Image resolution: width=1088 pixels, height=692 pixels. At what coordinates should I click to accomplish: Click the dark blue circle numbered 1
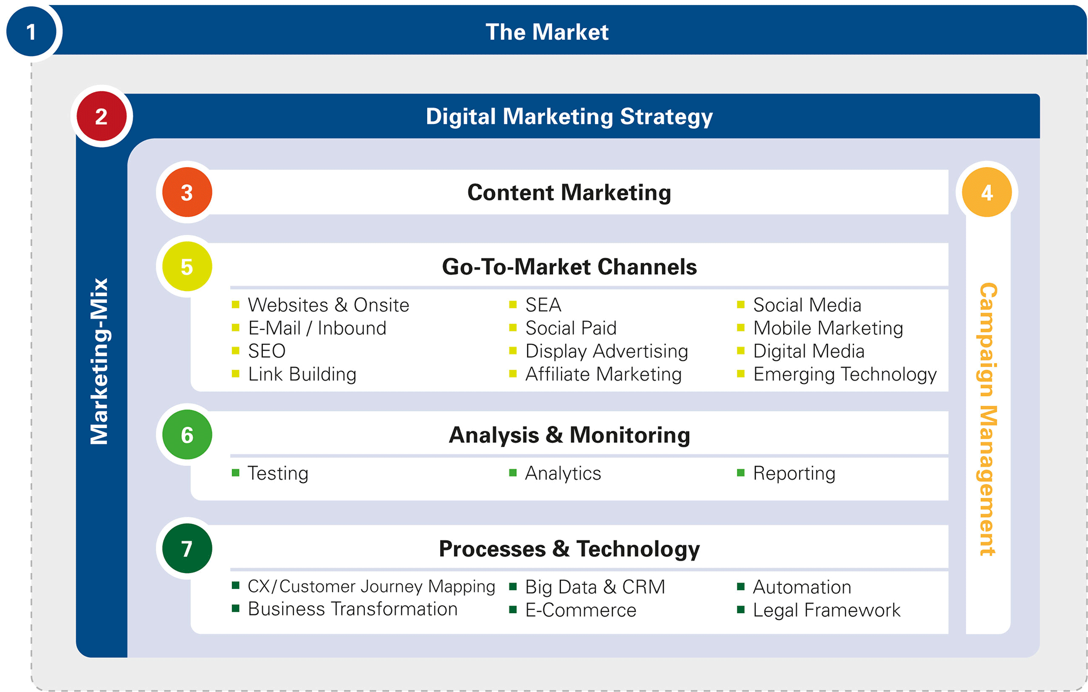point(31,32)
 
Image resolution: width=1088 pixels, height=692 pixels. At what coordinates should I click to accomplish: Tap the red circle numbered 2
point(101,116)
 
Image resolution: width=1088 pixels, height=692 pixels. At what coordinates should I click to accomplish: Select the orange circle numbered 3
point(187,192)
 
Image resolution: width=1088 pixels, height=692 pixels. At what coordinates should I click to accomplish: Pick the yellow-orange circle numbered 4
point(987,192)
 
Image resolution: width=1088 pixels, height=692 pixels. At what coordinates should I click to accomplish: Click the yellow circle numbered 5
point(187,266)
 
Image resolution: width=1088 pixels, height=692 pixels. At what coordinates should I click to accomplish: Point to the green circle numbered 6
point(187,434)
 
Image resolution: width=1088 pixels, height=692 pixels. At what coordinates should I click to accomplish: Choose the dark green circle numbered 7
point(187,548)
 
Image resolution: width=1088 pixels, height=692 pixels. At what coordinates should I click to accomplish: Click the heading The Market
point(547,32)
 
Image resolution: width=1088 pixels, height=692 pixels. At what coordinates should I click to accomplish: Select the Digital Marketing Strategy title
point(569,117)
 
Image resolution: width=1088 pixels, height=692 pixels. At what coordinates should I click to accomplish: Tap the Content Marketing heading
point(569,193)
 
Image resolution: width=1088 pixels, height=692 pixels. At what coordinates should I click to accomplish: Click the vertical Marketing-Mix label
point(100,361)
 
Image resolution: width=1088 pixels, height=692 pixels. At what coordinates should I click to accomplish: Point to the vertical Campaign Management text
point(987,419)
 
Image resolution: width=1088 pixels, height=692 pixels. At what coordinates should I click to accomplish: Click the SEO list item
point(266,351)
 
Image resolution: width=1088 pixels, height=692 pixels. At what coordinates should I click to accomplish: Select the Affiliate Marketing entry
point(603,374)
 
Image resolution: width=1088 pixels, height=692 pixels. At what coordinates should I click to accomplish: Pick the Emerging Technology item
point(845,375)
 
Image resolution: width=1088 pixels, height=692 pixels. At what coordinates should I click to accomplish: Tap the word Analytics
point(563,473)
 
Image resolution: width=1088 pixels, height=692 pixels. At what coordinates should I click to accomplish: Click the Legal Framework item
point(826,610)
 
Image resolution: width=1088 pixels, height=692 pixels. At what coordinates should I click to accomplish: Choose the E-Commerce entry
point(581,610)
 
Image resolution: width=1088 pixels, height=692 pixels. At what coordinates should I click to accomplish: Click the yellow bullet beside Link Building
point(236,374)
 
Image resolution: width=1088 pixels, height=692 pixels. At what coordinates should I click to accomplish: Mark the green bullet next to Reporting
point(741,473)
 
